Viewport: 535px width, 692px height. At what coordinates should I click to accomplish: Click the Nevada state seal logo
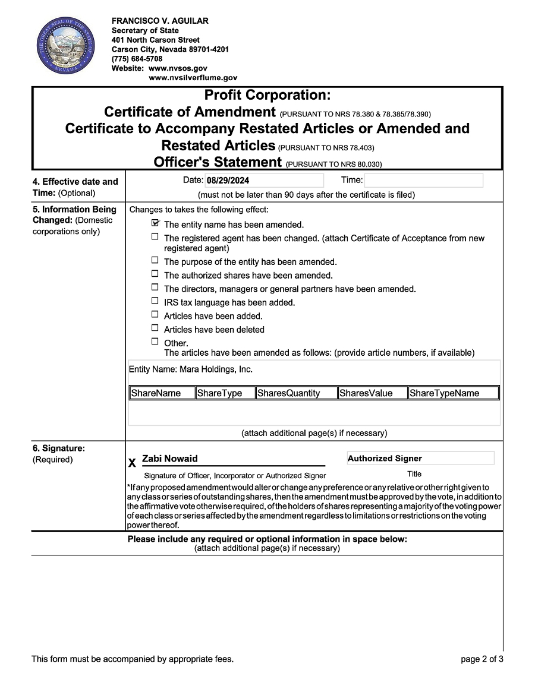tap(65, 46)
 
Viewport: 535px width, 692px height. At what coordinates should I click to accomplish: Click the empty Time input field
tap(423, 181)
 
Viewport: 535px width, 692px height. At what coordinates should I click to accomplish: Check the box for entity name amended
tap(155, 223)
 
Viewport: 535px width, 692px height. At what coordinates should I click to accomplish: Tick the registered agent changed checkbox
tap(155, 236)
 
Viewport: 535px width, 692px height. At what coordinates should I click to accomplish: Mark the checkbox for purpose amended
tap(155, 260)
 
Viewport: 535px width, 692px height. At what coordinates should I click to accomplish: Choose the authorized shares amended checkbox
tap(155, 274)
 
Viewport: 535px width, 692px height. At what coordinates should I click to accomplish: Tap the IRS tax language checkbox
tap(155, 301)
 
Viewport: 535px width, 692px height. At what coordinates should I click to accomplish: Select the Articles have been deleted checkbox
tap(155, 328)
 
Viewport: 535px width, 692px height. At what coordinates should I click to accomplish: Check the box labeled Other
tap(155, 342)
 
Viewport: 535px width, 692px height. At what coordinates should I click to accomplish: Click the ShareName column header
tap(162, 393)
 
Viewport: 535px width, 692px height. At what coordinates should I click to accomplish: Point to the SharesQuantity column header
tap(296, 393)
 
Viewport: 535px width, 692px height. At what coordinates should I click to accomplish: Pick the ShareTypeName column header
tap(453, 393)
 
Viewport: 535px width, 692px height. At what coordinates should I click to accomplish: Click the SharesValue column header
tap(372, 393)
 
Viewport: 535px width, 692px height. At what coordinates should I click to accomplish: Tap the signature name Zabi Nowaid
tap(170, 459)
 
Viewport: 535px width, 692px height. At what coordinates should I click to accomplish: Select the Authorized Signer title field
tap(420, 458)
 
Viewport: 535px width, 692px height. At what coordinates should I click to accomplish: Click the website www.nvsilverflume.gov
tap(193, 78)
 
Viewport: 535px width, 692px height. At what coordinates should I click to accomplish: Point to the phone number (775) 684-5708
tap(137, 59)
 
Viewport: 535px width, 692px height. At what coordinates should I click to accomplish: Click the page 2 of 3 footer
tap(481, 659)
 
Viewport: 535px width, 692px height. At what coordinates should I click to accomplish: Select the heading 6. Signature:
tap(59, 448)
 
